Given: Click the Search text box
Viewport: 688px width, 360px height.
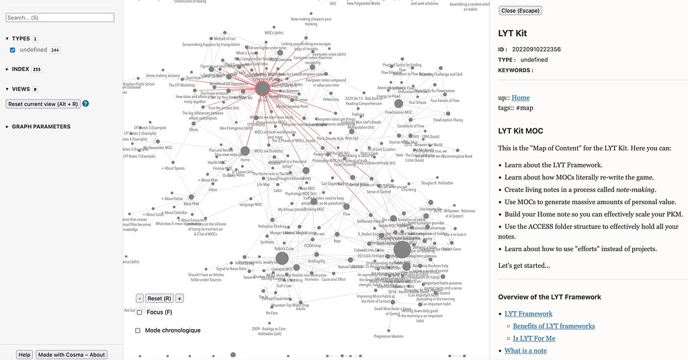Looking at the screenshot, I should tap(60, 17).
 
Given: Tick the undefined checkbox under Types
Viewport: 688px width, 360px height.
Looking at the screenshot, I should tap(13, 50).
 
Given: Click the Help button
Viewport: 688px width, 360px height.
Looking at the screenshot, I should tap(24, 355).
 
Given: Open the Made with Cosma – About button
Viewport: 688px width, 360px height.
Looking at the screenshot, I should tap(71, 355).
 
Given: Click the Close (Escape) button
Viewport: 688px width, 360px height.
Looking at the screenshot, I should tap(520, 11).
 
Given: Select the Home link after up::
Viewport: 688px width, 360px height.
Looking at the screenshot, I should tap(521, 98).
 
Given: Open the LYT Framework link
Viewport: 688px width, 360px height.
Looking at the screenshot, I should tap(528, 314).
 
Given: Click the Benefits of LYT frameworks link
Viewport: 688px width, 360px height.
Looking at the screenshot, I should tap(554, 326).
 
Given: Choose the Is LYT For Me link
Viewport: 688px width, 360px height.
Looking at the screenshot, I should tap(534, 339).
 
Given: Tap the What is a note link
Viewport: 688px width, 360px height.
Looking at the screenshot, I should tap(525, 351).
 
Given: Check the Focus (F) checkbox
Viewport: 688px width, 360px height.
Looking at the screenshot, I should tap(139, 312).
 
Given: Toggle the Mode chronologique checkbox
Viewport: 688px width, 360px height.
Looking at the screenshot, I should tap(138, 330).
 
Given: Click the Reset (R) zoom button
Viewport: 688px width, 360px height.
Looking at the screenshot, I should tap(159, 298).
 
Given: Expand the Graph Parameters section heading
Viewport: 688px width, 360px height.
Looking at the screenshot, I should tap(41, 126).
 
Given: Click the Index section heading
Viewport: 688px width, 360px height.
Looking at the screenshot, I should tap(20, 69).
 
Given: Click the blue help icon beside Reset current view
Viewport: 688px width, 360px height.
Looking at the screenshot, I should tap(85, 104).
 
